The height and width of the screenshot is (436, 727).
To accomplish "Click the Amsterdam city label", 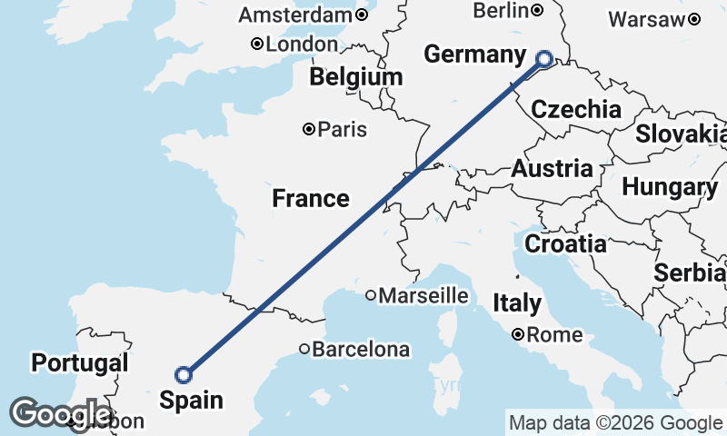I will (x=294, y=15).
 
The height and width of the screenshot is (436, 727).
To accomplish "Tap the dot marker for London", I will (x=257, y=44).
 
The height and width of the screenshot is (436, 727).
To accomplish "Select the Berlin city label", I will (x=501, y=10).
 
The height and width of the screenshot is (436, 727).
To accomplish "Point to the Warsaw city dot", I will (x=694, y=19).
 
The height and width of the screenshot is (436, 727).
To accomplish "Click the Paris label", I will (x=343, y=130).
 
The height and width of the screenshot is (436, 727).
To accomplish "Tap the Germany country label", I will (x=475, y=54).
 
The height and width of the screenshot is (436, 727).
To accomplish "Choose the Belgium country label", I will (x=355, y=77).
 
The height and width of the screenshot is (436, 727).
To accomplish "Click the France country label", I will (x=310, y=198).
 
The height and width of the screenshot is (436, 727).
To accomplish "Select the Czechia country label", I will (x=576, y=110).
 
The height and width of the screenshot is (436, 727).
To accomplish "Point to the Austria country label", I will (x=552, y=168).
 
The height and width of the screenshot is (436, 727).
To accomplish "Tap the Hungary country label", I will (x=670, y=187).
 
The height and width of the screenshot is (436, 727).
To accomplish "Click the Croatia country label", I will (x=565, y=243).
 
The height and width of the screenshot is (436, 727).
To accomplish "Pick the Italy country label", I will (x=516, y=302).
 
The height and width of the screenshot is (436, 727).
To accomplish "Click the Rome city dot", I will (x=518, y=334).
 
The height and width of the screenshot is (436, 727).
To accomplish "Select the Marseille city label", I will (x=423, y=295).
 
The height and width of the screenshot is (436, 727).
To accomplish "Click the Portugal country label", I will (x=79, y=363).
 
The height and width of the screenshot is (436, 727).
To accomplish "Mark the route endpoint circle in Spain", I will (x=184, y=374).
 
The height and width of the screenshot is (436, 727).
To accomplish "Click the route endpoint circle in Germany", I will (x=544, y=60).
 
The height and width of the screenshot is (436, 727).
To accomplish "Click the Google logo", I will (x=61, y=413).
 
